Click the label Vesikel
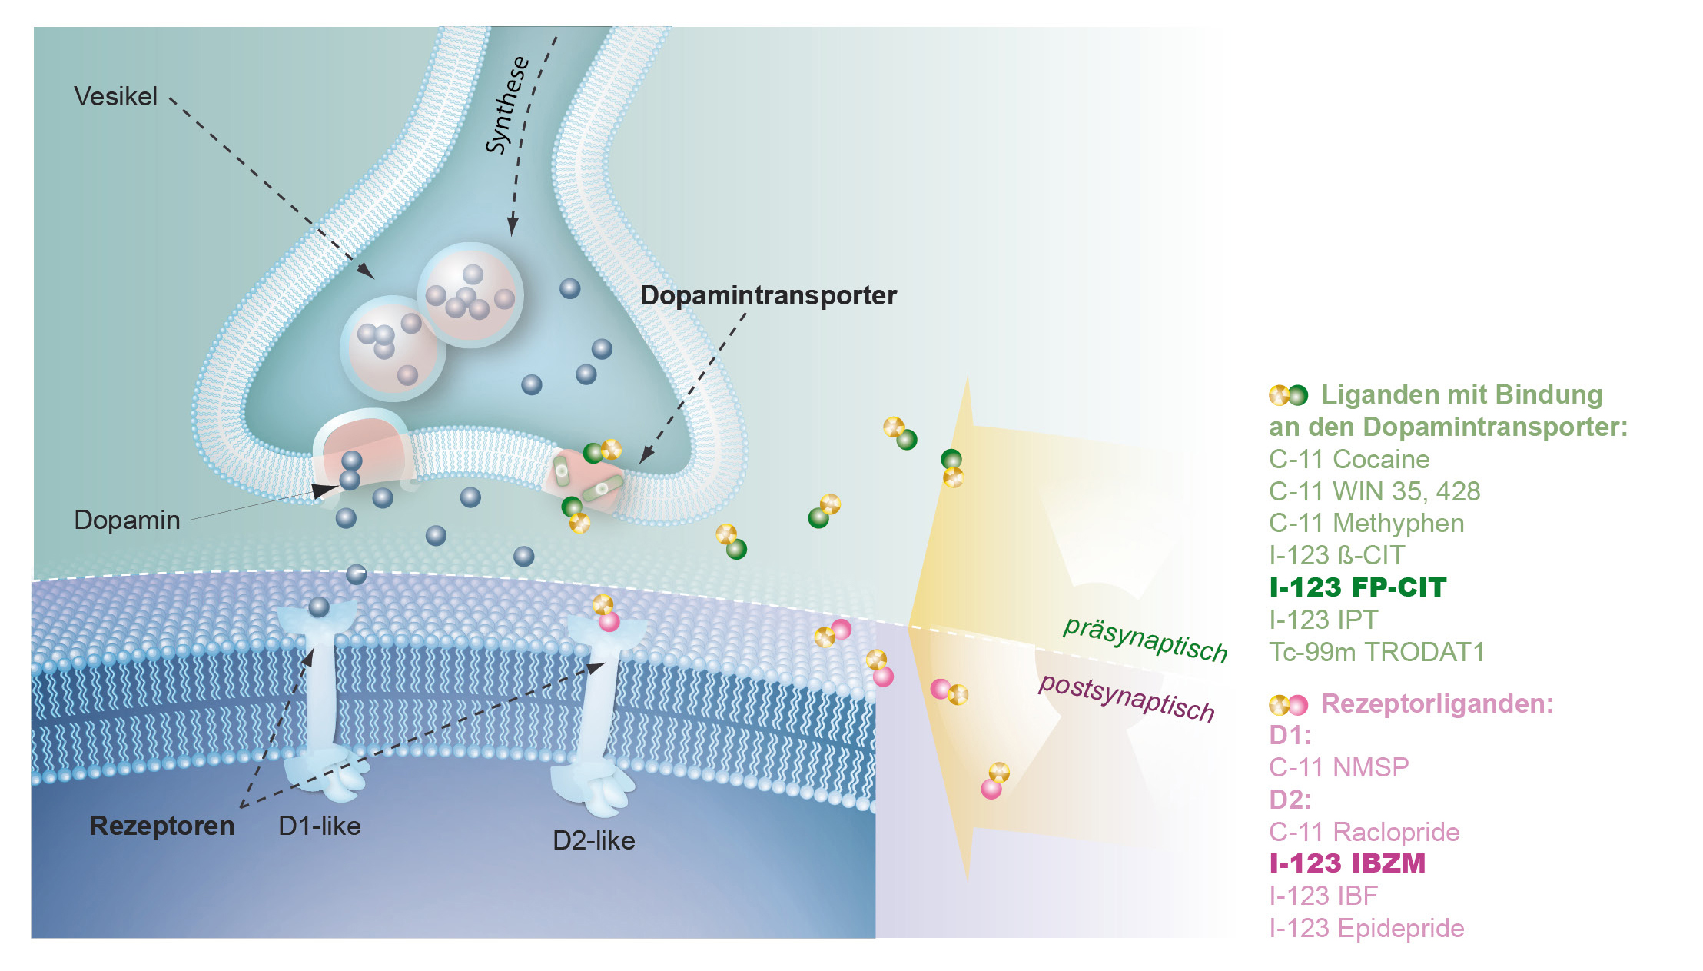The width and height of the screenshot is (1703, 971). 115,97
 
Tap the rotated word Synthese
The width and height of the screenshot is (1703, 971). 507,105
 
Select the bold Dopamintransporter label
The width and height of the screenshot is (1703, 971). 768,295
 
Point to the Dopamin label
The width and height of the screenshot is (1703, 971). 127,520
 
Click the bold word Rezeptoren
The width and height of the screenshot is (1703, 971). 162,826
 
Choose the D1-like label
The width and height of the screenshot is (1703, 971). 320,826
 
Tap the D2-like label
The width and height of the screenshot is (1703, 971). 594,841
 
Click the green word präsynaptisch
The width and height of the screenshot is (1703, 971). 1144,639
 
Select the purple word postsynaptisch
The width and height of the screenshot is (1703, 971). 1126,697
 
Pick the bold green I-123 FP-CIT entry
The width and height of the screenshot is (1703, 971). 1358,587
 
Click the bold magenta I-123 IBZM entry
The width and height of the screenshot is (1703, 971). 1347,863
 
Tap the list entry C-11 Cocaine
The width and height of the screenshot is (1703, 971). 1349,460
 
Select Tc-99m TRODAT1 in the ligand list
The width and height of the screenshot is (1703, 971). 1376,652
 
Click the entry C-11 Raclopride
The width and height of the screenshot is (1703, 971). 1364,832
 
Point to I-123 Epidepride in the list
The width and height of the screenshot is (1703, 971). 1366,929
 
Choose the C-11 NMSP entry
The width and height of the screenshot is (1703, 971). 1339,767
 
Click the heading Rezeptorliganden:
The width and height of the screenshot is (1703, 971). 1436,703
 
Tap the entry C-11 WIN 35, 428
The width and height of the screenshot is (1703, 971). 1374,491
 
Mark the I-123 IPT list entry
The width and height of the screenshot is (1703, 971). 1323,620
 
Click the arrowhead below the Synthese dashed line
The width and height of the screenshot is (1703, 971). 512,227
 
